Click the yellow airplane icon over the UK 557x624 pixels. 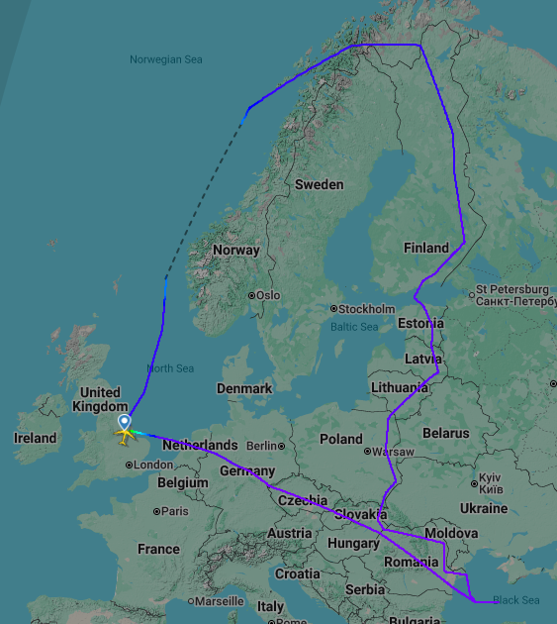point(125,434)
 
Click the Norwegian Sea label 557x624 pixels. point(165,59)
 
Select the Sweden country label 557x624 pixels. point(319,184)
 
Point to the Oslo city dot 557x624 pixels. point(252,295)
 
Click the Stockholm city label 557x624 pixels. point(366,309)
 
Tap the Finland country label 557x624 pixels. point(425,248)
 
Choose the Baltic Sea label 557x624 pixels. point(354,327)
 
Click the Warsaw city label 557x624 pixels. point(394,452)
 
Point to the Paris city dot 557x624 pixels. point(157,512)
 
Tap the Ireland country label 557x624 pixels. point(36,438)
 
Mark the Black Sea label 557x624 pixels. point(515,600)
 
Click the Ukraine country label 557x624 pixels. point(483,508)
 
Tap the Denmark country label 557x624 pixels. point(243,389)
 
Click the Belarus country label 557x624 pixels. point(445,433)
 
